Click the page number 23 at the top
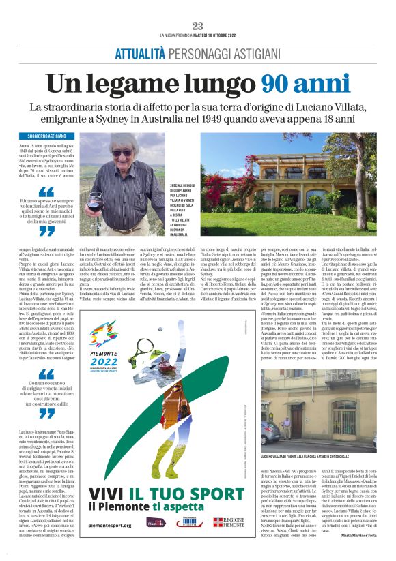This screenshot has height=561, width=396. pos(197,26)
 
